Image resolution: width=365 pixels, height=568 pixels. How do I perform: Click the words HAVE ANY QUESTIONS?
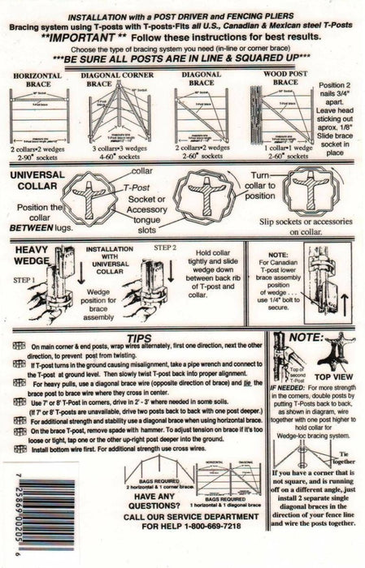point(146,523)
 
